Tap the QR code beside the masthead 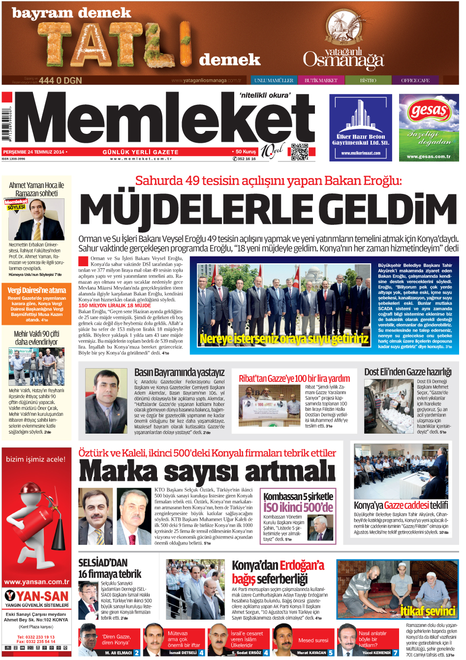point(299,152)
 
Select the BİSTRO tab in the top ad point(368,80)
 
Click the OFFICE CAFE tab point(415,80)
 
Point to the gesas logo point(428,111)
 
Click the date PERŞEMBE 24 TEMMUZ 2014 point(34,152)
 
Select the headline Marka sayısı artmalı point(207,471)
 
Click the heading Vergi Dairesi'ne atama point(36,290)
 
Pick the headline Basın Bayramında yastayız point(179,373)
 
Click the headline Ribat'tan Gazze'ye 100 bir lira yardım point(294,378)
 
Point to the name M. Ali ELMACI point(118,653)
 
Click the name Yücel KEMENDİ point(376,653)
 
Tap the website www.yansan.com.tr point(36,582)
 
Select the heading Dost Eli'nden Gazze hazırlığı point(407,372)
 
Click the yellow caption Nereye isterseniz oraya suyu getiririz point(284,339)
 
